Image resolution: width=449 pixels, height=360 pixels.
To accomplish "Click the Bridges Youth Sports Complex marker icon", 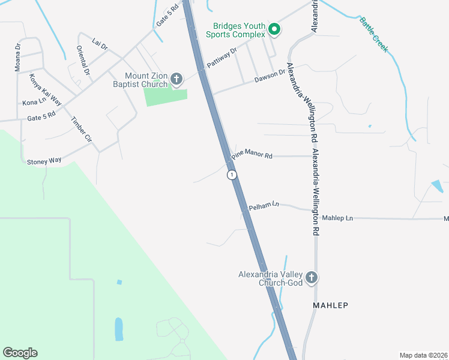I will point(274,29).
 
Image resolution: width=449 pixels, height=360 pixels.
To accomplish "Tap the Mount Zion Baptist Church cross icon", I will point(176,78).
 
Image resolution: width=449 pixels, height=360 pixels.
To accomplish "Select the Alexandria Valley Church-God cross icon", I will point(311,277).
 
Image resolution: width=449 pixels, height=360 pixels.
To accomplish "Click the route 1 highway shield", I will point(232,175).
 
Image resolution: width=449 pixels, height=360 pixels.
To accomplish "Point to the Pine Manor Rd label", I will point(252,155).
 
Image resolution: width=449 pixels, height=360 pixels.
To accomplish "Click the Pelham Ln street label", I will point(264,206).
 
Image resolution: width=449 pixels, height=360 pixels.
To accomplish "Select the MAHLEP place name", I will point(330,305).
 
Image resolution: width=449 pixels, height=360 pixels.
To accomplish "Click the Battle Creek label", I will point(374,34).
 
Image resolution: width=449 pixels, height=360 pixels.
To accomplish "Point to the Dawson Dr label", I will point(270,76).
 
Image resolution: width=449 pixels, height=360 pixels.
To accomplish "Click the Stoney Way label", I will point(44,161).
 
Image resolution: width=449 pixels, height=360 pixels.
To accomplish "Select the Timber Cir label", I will point(81,129).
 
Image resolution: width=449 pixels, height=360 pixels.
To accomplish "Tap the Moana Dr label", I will point(17,57).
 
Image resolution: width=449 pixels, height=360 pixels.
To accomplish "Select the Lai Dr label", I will point(100,44).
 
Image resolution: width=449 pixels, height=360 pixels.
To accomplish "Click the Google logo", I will point(20,353).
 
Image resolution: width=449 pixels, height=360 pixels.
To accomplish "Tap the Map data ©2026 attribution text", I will point(423,355).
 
